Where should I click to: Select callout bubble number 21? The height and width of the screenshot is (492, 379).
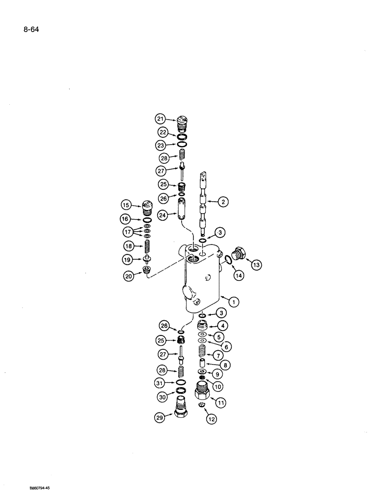pyautogui.click(x=161, y=118)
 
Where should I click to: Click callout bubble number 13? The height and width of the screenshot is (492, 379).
pyautogui.click(x=257, y=265)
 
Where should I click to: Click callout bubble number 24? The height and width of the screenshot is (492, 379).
pyautogui.click(x=162, y=215)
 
